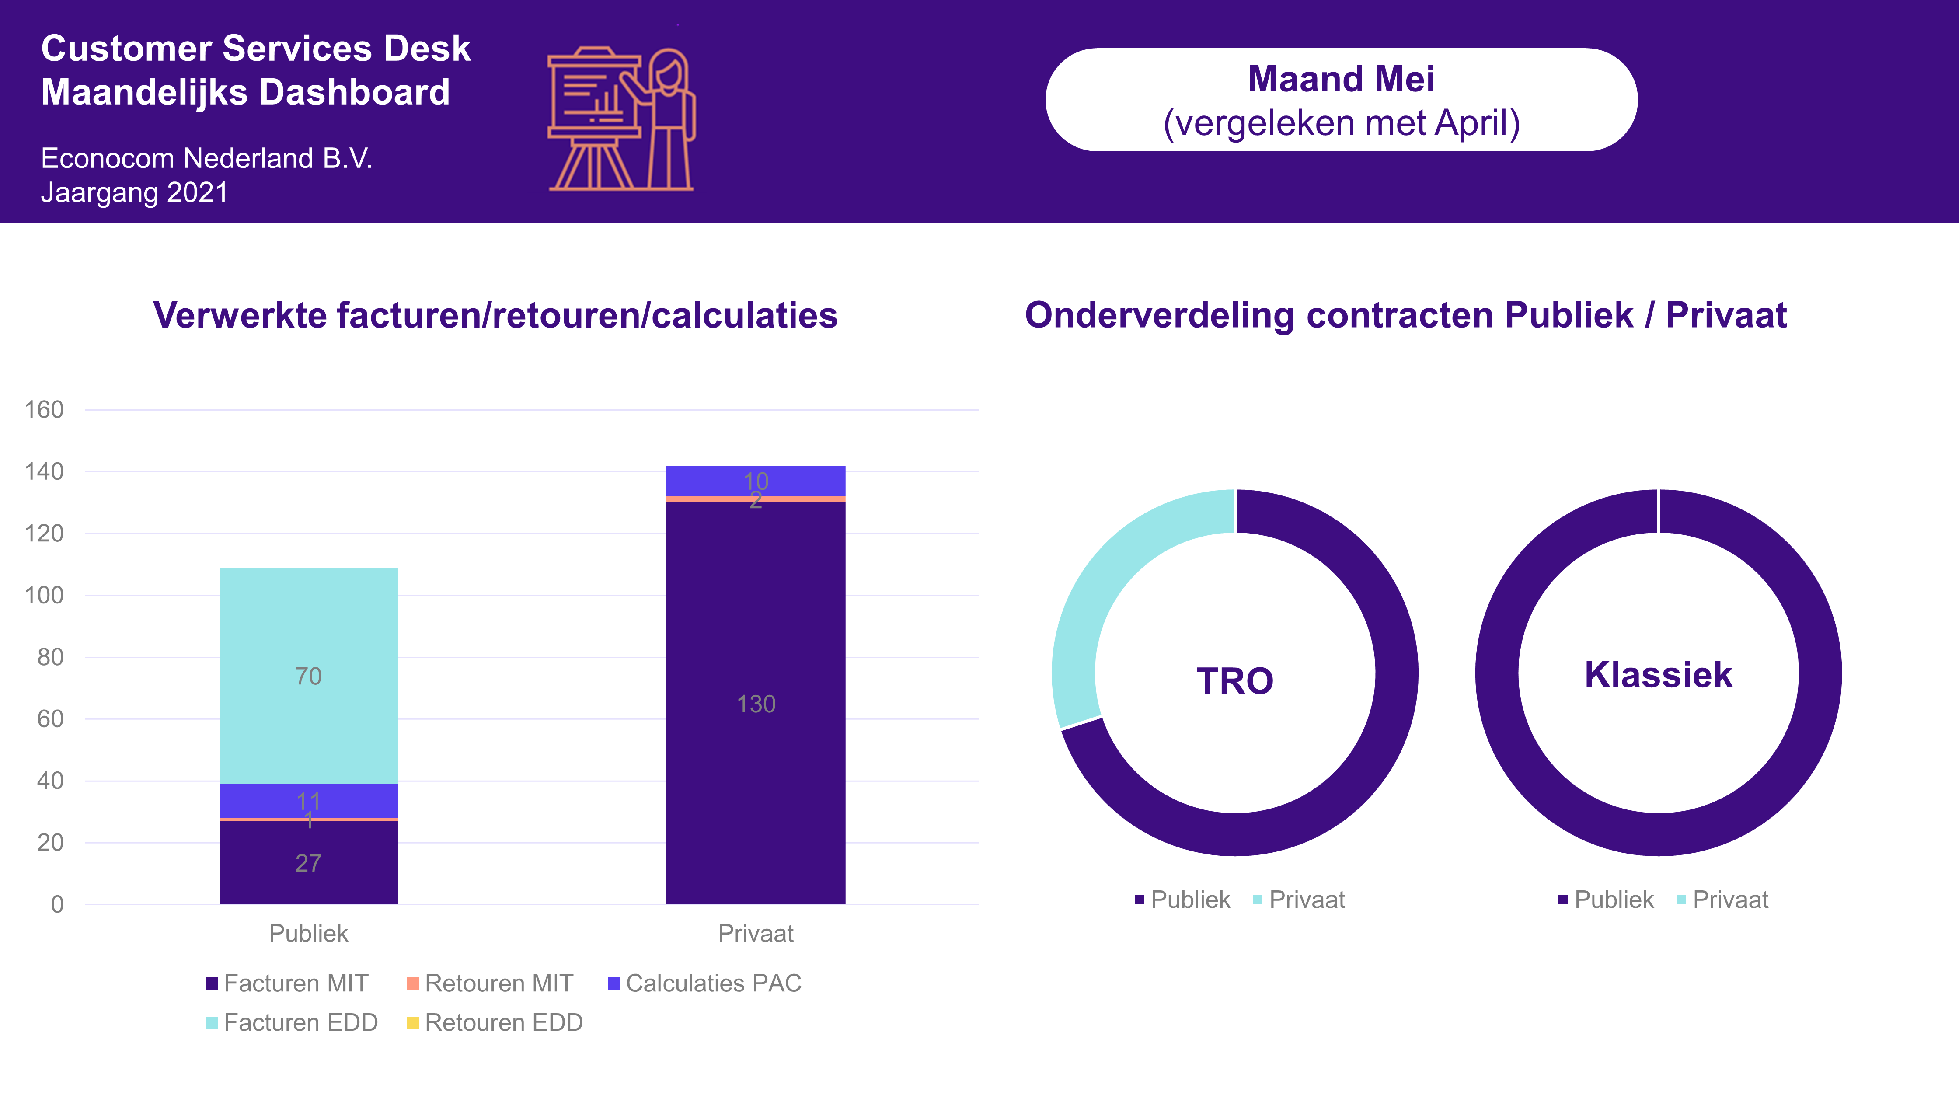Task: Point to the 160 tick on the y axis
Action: coord(44,410)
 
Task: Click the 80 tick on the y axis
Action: coord(50,657)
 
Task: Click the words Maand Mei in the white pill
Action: coord(1342,79)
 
